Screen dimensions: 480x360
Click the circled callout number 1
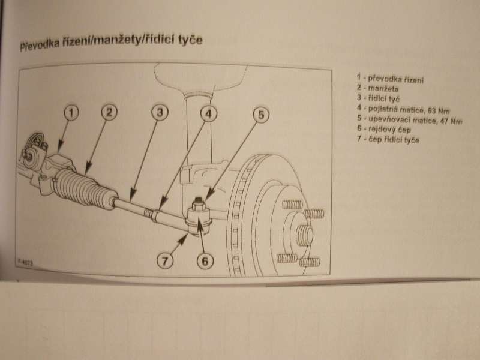click(x=71, y=113)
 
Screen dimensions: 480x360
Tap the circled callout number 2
click(x=109, y=112)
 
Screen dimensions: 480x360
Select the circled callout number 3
click(x=160, y=112)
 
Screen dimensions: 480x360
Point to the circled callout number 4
click(x=208, y=113)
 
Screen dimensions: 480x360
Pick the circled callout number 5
click(x=261, y=115)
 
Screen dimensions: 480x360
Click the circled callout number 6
click(x=205, y=261)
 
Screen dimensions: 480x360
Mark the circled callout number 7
click(x=165, y=261)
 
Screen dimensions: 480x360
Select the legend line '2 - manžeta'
click(x=378, y=88)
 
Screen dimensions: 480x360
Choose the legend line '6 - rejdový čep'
click(x=384, y=129)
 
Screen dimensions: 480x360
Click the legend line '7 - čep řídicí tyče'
click(x=388, y=140)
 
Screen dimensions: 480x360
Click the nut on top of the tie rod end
click(x=198, y=204)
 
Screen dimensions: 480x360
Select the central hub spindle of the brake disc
click(x=305, y=234)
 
